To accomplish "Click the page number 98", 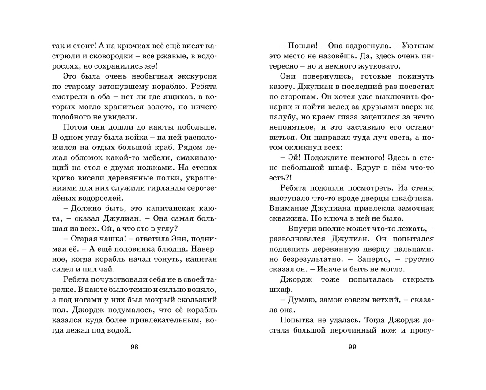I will pos(135,347).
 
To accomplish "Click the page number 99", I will pos(352,347).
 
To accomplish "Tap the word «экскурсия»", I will pos(194,76).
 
